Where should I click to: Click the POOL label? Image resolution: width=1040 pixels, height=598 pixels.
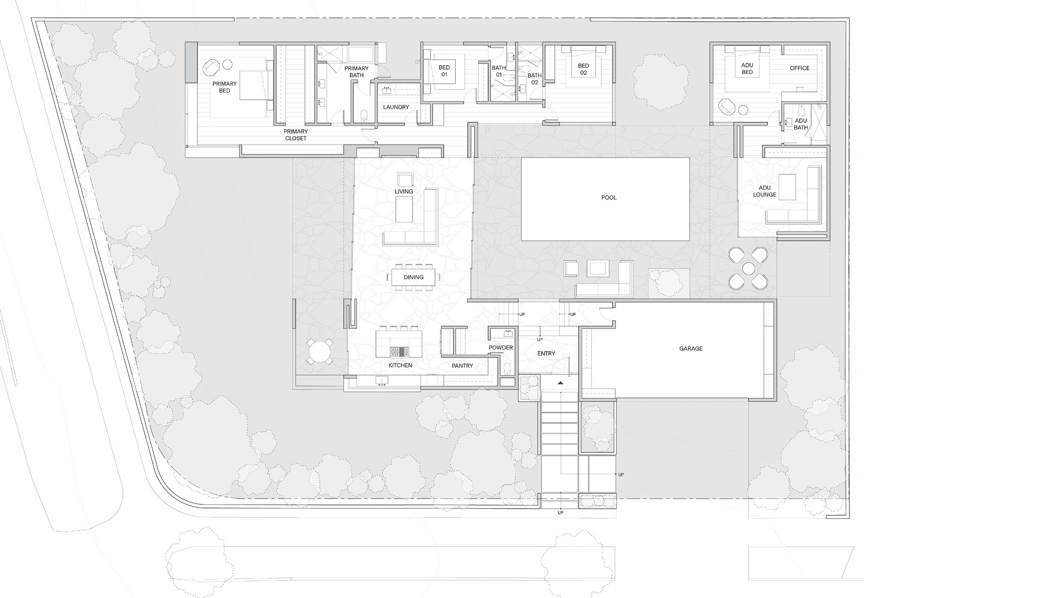click(x=609, y=197)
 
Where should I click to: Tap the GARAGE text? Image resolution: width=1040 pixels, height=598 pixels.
click(x=690, y=349)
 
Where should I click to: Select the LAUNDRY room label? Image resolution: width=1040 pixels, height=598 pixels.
click(x=396, y=107)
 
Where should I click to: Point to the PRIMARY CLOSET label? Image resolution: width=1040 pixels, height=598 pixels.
click(x=296, y=135)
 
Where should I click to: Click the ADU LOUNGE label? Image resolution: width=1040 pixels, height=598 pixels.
click(x=764, y=191)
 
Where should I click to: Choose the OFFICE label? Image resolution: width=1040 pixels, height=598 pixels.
click(x=800, y=68)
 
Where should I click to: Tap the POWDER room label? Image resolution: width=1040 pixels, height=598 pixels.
click(x=501, y=348)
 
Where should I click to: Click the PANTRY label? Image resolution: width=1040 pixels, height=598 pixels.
click(x=462, y=366)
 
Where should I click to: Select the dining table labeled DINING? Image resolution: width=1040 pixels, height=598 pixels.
click(x=413, y=277)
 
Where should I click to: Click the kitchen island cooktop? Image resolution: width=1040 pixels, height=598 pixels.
click(x=399, y=352)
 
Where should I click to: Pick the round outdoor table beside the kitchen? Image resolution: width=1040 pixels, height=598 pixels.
click(x=320, y=351)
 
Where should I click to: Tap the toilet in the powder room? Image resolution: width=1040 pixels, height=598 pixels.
click(x=507, y=369)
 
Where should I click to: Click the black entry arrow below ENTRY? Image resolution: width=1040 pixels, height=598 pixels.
click(x=560, y=383)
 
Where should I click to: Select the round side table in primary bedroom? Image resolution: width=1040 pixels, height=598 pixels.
click(x=227, y=64)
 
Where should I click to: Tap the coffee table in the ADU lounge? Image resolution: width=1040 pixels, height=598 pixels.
click(x=787, y=187)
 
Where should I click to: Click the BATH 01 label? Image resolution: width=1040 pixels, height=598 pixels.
click(x=499, y=71)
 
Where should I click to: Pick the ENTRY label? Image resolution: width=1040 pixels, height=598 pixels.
click(x=546, y=354)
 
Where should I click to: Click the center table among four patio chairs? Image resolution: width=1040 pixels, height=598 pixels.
click(x=748, y=268)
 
